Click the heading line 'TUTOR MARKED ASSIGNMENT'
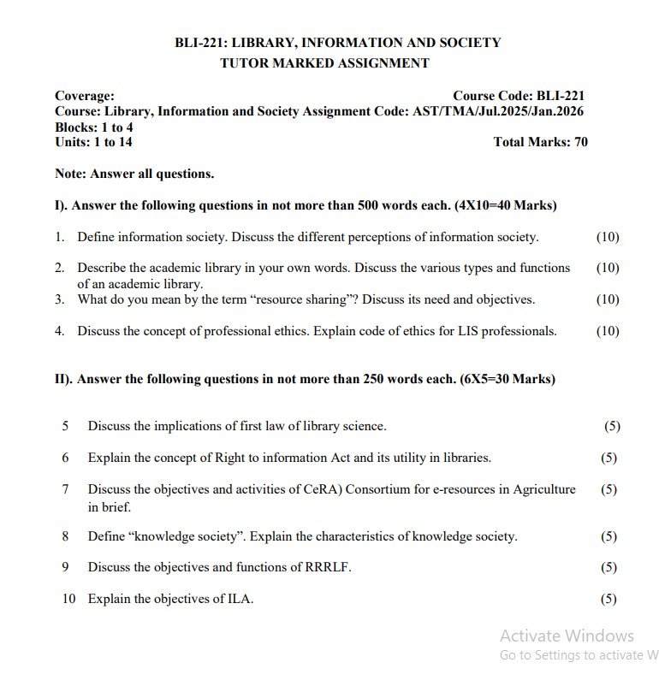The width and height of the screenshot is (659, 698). click(x=324, y=62)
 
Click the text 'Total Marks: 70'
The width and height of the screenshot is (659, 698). click(x=540, y=142)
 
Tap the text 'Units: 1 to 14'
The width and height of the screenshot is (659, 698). click(x=93, y=142)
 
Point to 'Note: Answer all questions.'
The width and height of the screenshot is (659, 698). click(x=134, y=174)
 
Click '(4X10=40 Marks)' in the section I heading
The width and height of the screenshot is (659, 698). click(x=506, y=205)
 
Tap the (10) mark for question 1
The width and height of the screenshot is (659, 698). click(x=608, y=237)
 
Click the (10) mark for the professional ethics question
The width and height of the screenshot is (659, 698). click(x=608, y=331)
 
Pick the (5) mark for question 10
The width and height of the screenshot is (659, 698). click(x=609, y=599)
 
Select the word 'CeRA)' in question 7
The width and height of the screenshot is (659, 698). click(x=311, y=489)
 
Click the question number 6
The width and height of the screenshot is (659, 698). click(x=65, y=458)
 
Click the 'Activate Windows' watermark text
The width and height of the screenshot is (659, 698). click(x=567, y=636)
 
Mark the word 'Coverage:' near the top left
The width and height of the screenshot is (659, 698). click(x=84, y=96)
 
